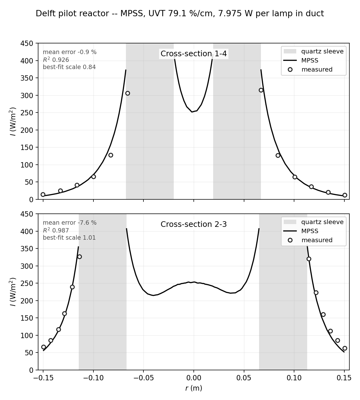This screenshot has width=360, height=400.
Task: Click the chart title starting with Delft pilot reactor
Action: click(x=180, y=13)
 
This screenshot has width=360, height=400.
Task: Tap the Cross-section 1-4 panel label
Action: click(x=194, y=54)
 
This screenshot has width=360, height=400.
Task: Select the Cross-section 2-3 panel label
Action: click(x=194, y=224)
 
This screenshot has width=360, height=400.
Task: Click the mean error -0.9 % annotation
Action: click(x=70, y=52)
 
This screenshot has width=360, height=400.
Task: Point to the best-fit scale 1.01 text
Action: click(x=69, y=238)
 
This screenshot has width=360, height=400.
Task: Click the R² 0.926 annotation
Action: click(x=56, y=60)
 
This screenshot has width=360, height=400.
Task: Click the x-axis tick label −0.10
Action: click(x=93, y=378)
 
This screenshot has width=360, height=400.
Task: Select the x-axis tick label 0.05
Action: click(x=244, y=378)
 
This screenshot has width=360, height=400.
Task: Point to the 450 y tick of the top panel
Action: click(x=27, y=43)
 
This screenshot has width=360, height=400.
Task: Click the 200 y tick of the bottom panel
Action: click(x=27, y=301)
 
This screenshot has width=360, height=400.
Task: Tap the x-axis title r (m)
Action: click(x=194, y=388)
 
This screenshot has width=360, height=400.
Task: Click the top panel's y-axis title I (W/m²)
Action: click(x=13, y=122)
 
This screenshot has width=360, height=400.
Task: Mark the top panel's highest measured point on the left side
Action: click(x=127, y=93)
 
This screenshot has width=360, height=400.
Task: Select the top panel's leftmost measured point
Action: click(x=43, y=195)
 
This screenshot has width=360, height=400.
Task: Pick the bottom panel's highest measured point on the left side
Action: click(x=79, y=257)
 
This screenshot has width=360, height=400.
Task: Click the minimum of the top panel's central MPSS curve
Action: click(x=192, y=112)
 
